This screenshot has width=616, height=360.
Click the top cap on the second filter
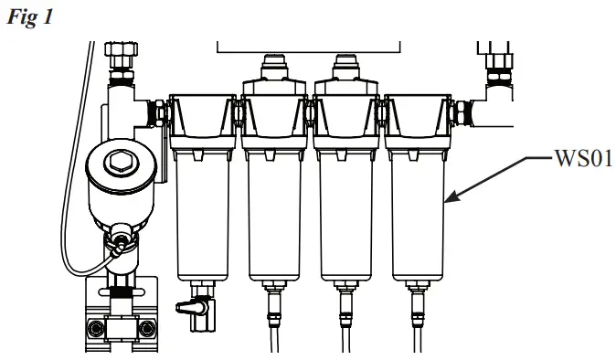tap(273, 69)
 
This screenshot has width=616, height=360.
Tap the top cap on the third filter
tap(345, 69)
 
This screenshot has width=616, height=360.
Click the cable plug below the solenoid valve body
tap(120, 242)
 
